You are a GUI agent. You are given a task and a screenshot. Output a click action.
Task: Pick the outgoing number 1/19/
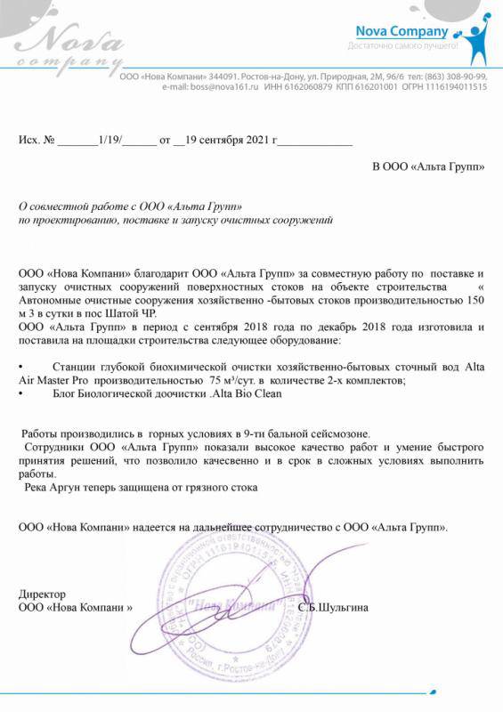click(114, 141)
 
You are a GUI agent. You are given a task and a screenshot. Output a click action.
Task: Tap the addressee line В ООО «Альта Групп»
click(428, 166)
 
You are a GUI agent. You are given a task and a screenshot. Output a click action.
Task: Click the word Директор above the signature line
click(42, 593)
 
